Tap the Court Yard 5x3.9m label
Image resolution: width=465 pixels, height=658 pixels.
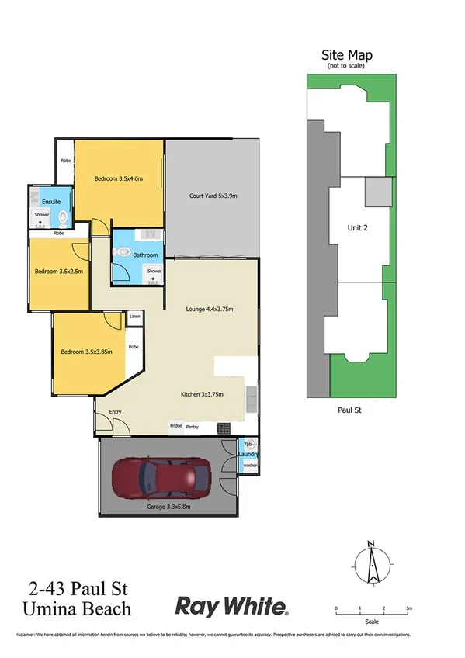point(213,196)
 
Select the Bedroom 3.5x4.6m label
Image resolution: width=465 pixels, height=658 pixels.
point(119,179)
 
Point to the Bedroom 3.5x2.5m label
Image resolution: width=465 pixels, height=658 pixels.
point(59,272)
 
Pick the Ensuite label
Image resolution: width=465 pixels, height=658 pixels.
point(41,201)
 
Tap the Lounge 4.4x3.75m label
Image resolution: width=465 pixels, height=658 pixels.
point(210,309)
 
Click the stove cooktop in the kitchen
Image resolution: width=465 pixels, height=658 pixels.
point(223,428)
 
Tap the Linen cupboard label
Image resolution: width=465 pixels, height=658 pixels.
point(135,316)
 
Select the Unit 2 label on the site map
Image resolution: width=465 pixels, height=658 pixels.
point(357,227)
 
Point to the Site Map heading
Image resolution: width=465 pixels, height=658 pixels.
point(347,55)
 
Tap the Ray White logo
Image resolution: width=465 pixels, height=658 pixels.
point(232,605)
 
